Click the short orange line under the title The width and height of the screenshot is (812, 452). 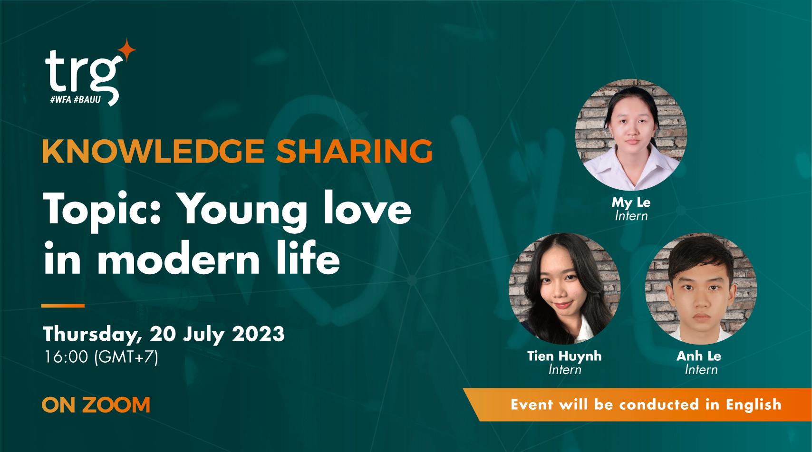pyautogui.click(x=63, y=306)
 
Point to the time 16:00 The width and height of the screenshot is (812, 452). pyautogui.click(x=66, y=357)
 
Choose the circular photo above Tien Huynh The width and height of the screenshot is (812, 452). pyautogui.click(x=564, y=288)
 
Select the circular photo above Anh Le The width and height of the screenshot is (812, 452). pyautogui.click(x=701, y=288)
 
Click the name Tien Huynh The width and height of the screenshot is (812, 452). pyautogui.click(x=564, y=356)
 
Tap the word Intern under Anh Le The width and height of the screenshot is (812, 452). pyautogui.click(x=701, y=369)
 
